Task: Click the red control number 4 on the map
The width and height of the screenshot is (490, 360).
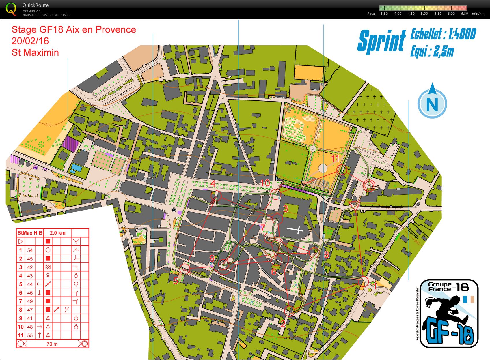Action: tap(213, 183)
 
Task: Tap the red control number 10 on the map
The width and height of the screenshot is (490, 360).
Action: tap(265, 183)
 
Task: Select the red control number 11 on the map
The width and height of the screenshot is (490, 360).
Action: tap(335, 158)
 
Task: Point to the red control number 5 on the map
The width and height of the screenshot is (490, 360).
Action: tap(176, 280)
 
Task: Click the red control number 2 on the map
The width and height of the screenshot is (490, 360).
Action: tap(283, 324)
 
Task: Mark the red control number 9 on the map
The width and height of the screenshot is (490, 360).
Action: tap(212, 258)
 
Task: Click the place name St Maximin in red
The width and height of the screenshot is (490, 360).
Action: tap(35, 52)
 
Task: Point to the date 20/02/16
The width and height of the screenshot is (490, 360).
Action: tap(30, 41)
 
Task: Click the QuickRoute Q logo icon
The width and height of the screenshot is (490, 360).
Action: tap(11, 9)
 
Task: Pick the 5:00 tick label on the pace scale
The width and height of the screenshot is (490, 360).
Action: tap(424, 14)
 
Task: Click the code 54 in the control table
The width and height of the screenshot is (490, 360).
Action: tap(30, 250)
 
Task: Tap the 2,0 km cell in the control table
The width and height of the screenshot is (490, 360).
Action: tap(57, 233)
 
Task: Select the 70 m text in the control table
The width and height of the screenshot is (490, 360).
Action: tap(52, 344)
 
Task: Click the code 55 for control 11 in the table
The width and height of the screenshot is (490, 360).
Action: tap(30, 335)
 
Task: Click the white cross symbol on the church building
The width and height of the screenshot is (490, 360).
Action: tap(295, 230)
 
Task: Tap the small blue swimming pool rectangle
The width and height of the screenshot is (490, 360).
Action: tap(76, 167)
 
